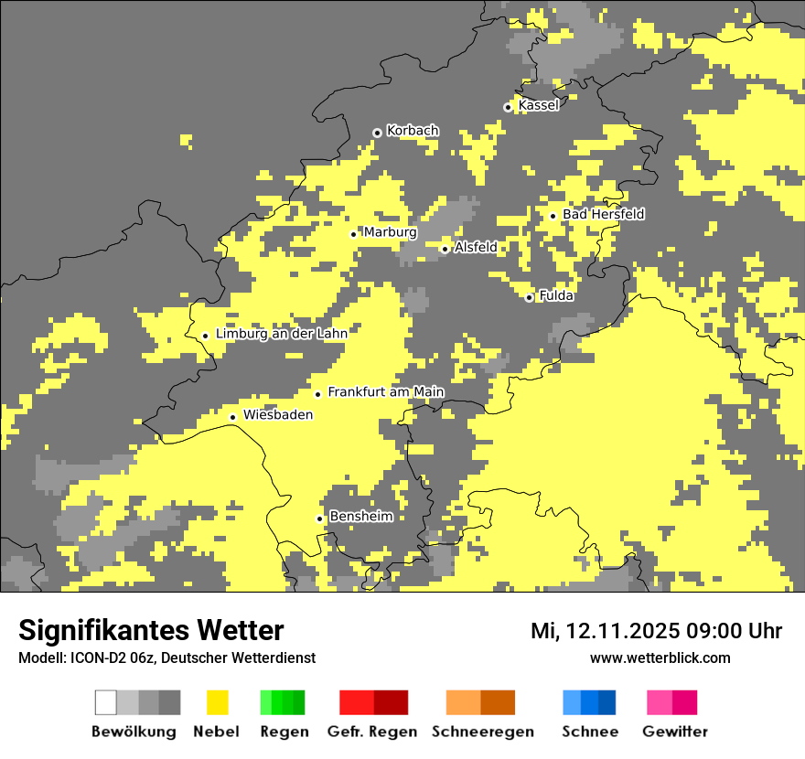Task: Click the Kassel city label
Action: tap(538, 105)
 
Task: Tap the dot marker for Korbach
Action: tap(377, 133)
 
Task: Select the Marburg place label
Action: tap(390, 232)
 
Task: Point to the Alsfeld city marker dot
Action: tap(445, 249)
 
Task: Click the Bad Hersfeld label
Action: tap(603, 214)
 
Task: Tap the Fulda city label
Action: tap(556, 295)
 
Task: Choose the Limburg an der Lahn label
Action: tap(281, 334)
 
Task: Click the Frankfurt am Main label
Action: tap(385, 391)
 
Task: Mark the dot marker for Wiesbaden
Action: tap(233, 417)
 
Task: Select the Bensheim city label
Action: tap(360, 516)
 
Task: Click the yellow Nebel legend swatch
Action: tap(217, 702)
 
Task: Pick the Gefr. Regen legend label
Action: tap(372, 732)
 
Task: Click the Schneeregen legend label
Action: tap(483, 732)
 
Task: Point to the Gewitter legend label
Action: tap(675, 732)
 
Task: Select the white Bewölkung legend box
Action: tap(106, 702)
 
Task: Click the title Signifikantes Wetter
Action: tap(151, 630)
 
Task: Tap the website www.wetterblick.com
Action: tap(660, 657)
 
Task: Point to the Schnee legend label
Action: tap(589, 732)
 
